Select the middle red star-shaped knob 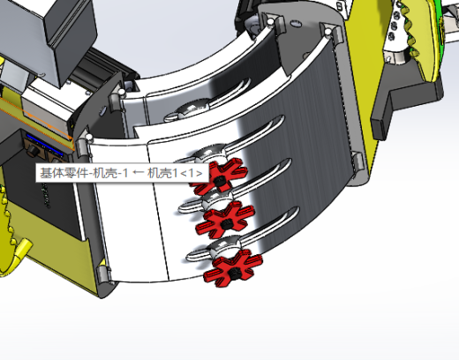226,220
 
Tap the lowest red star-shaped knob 233,268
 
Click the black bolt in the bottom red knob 234,272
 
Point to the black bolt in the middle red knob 227,224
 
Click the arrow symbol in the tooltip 138,173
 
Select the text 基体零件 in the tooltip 64,173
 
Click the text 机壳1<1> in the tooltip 175,173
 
